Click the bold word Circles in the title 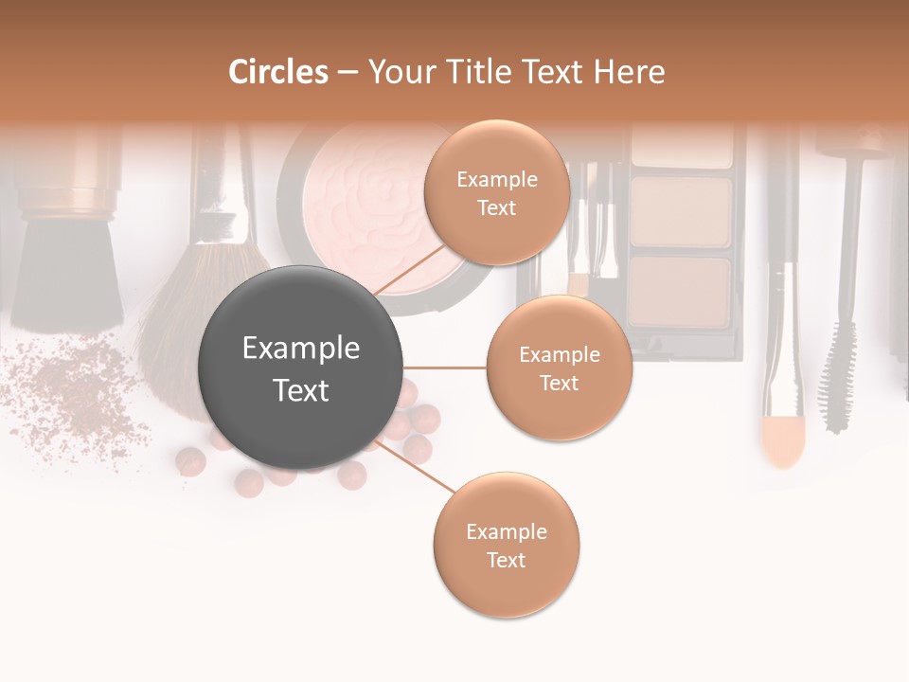(x=278, y=72)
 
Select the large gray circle (x=301, y=368)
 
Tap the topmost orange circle (x=497, y=192)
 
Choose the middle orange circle (x=559, y=368)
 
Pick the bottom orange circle (x=506, y=545)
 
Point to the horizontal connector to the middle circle (x=444, y=368)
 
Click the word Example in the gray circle (x=301, y=349)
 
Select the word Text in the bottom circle (x=506, y=560)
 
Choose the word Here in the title (x=633, y=72)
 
